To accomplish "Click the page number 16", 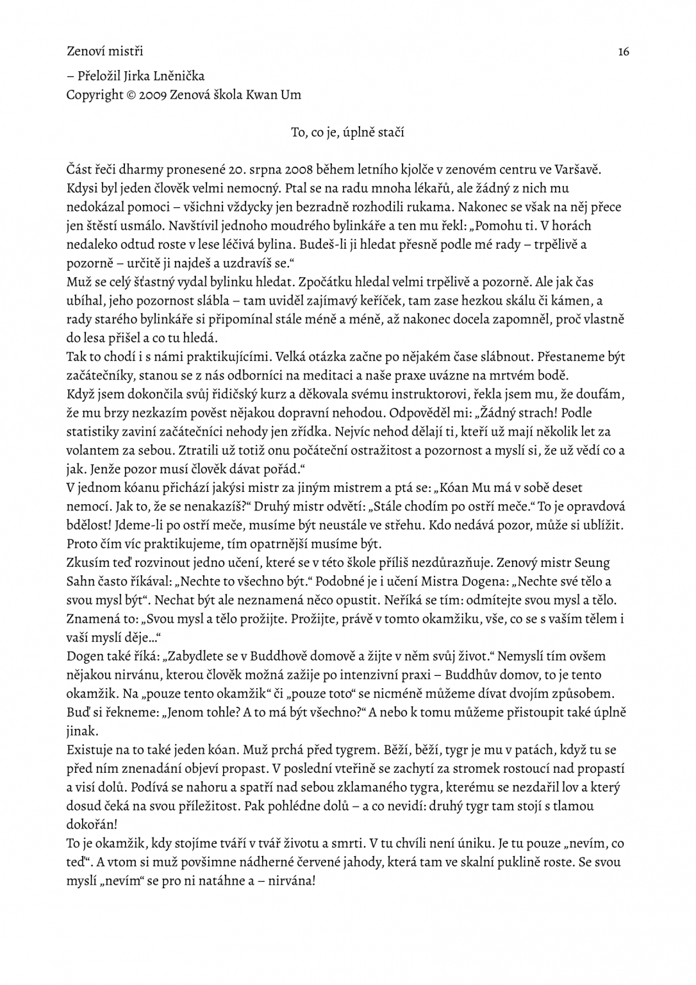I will [x=623, y=51].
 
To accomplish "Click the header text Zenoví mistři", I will [x=104, y=50].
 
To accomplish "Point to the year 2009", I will [x=153, y=95].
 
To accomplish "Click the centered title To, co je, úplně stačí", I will [x=347, y=133].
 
